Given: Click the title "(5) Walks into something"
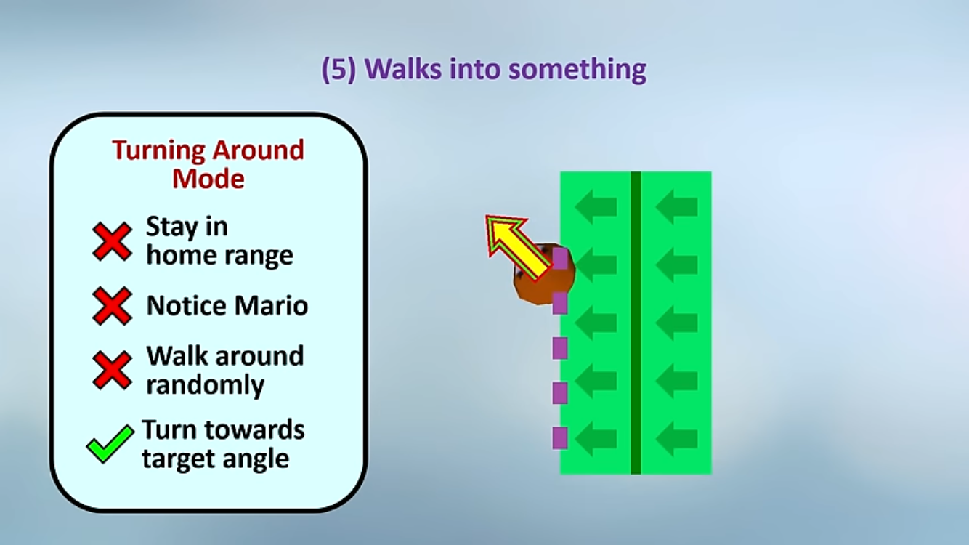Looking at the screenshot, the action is (x=484, y=69).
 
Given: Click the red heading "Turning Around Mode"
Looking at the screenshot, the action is (x=208, y=164).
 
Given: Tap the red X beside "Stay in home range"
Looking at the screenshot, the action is (x=112, y=241).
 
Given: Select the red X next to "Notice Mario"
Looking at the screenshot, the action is (x=112, y=306).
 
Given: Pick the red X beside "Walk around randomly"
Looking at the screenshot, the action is (x=112, y=370).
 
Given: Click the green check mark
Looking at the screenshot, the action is (x=110, y=444).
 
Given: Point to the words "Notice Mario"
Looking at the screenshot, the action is (x=227, y=306).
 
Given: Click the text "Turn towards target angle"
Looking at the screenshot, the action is (x=223, y=444).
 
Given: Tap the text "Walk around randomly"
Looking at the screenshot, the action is (x=225, y=370).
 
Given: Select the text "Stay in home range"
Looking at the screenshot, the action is (x=220, y=241).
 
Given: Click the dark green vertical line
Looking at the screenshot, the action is (x=636, y=323).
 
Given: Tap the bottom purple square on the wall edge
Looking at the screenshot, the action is (x=560, y=437).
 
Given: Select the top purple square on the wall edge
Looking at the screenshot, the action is (x=560, y=257).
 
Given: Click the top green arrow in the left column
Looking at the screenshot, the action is (x=596, y=206).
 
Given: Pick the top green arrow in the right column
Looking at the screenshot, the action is (x=676, y=206).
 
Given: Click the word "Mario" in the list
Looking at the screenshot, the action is (x=271, y=306).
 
